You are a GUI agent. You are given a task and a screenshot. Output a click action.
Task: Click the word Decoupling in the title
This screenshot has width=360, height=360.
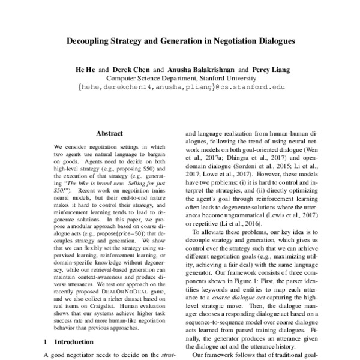[88, 43]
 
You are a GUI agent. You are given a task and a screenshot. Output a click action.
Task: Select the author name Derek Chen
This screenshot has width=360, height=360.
[133, 70]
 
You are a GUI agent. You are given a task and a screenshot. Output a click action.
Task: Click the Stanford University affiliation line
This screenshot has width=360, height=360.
[179, 78]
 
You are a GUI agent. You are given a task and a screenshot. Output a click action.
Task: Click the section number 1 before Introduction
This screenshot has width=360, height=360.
[47, 342]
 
